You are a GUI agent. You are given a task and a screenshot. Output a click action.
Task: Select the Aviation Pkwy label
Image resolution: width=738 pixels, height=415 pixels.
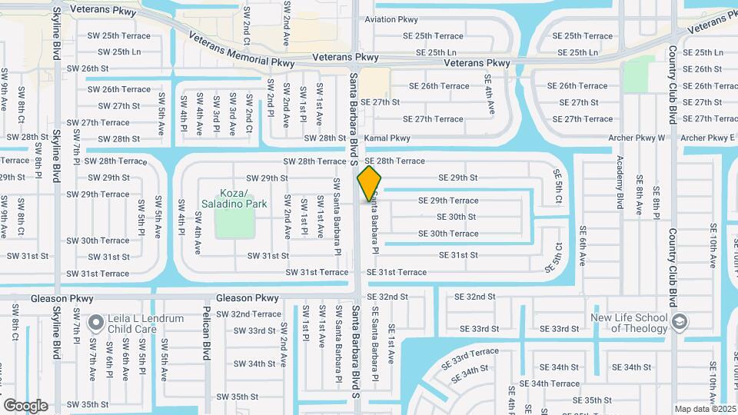392,19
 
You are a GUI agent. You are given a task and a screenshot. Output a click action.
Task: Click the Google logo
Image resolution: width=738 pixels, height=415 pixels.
25,405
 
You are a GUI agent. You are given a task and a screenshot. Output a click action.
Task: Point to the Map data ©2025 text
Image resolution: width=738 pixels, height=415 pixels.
703,409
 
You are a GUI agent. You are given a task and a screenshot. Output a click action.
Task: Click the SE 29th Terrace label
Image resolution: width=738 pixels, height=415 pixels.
448,201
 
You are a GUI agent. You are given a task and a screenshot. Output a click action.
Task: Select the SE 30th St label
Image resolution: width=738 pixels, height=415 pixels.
457,217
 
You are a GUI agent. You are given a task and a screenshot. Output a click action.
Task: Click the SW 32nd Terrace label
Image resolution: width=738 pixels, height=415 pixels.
248,314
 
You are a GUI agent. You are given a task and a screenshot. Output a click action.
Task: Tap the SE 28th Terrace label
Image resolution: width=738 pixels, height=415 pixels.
395,161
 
